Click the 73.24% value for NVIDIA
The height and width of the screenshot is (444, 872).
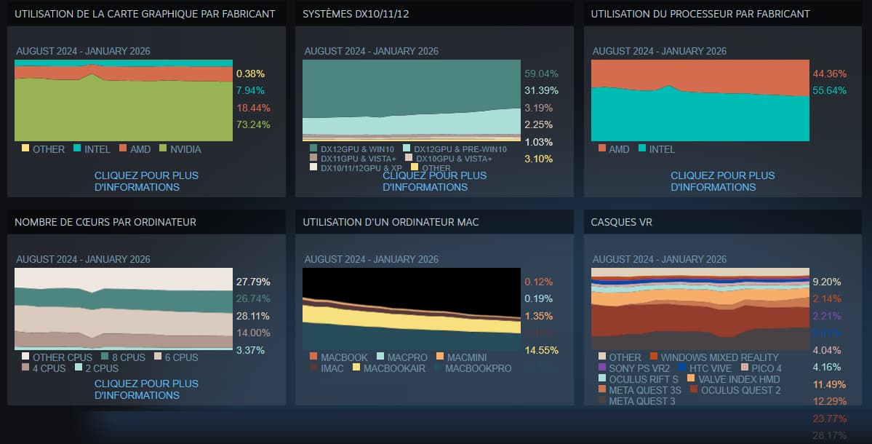tap(250, 124)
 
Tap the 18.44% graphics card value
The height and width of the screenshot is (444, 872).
tap(250, 108)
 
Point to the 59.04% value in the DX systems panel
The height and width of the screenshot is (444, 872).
tap(538, 74)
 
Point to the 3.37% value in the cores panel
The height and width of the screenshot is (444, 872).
tap(249, 350)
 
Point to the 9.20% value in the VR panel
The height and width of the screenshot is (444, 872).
tap(827, 282)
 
